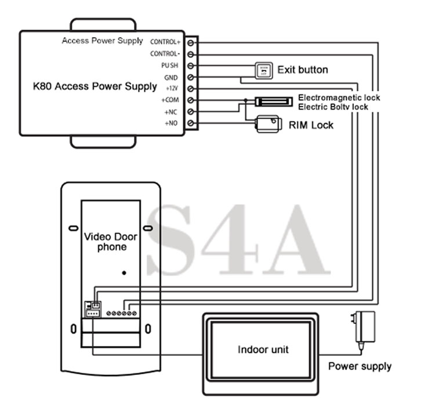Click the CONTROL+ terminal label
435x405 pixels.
(x=165, y=42)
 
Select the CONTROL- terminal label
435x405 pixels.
(x=165, y=54)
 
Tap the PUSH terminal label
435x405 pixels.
(x=170, y=65)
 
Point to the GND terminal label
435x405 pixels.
(x=171, y=77)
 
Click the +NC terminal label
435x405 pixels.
(x=172, y=111)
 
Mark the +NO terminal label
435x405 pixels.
(x=172, y=123)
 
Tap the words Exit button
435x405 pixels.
(x=302, y=70)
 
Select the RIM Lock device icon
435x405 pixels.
(x=267, y=124)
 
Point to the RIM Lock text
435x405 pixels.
(x=311, y=125)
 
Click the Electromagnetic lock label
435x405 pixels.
(x=339, y=97)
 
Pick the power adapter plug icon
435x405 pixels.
(x=366, y=328)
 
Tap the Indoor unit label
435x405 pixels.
(x=263, y=349)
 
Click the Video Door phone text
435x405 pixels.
(x=110, y=242)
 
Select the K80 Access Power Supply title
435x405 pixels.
(x=94, y=86)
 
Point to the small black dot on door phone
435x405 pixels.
(x=124, y=272)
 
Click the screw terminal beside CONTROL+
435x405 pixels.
(x=191, y=42)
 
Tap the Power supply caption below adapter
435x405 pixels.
(x=360, y=366)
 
